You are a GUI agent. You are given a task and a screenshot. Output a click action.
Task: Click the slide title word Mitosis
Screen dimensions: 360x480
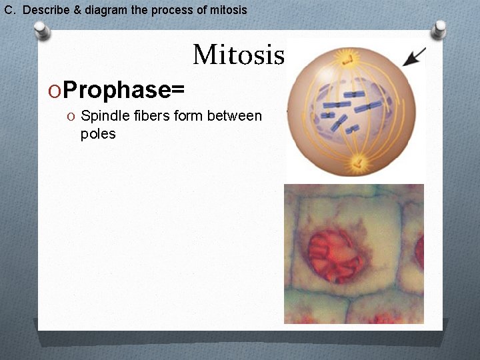coord(238,55)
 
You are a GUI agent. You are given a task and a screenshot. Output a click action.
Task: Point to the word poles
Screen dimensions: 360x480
coord(98,134)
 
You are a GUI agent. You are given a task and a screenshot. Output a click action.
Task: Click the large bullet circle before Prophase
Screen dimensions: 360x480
coord(55,90)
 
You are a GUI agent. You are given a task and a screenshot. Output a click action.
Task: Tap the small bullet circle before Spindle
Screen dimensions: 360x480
coord(71,117)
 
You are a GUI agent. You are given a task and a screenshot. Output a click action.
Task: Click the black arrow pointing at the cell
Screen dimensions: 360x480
coord(415,57)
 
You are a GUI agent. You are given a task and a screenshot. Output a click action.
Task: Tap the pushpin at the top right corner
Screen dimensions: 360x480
coord(439,29)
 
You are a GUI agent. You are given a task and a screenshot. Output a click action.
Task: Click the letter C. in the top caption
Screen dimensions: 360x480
coord(9,10)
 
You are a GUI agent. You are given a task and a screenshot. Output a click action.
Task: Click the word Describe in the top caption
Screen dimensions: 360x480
coord(44,10)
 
